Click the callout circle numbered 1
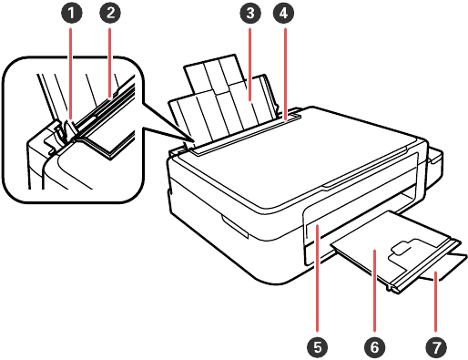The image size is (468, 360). click(x=71, y=13)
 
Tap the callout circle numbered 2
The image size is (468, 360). click(x=110, y=13)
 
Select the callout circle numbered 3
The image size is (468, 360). click(x=250, y=13)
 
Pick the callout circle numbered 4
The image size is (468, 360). click(x=284, y=13)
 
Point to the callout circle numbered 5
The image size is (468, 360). click(x=317, y=346)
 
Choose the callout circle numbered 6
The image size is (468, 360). click(x=375, y=346)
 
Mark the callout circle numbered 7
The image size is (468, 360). click(x=436, y=346)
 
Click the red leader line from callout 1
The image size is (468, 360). click(x=71, y=74)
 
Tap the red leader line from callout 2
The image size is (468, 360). click(x=110, y=63)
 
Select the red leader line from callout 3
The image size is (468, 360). click(x=250, y=64)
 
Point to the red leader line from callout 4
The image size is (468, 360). click(x=285, y=75)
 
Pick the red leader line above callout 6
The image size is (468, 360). click(x=375, y=291)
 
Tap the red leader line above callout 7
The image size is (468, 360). click(x=436, y=302)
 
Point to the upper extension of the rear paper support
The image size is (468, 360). click(x=211, y=75)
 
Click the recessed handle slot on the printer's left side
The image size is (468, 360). click(x=235, y=226)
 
